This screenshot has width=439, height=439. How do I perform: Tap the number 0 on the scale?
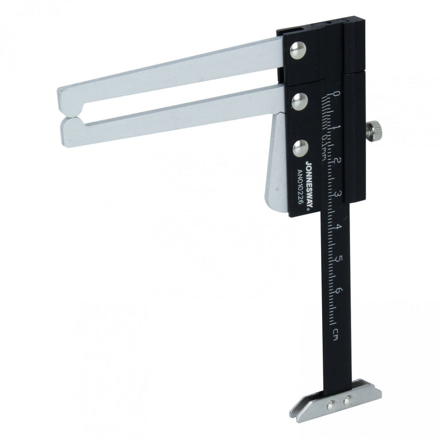tap(336, 94)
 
